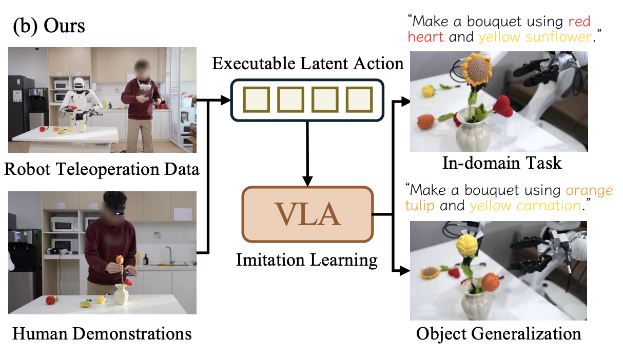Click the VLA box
(x=307, y=214)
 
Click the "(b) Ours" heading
(x=49, y=26)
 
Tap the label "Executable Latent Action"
(x=308, y=64)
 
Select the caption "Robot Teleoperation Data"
(x=102, y=169)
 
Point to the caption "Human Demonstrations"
(x=102, y=334)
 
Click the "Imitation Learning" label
(x=307, y=259)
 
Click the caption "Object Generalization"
(x=498, y=334)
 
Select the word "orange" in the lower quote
(x=589, y=190)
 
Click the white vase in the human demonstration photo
(x=121, y=294)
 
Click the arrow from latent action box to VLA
(x=307, y=154)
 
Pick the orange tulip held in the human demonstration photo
(x=120, y=261)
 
